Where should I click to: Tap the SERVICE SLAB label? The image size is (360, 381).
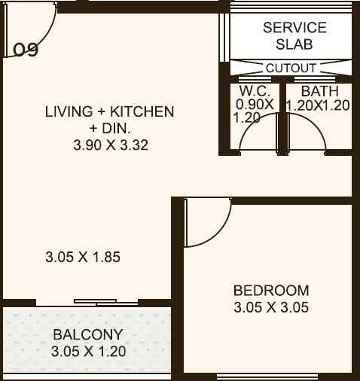pyautogui.click(x=294, y=36)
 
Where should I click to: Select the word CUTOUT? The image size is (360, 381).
pyautogui.click(x=291, y=68)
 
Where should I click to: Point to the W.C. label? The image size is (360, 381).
pyautogui.click(x=249, y=91)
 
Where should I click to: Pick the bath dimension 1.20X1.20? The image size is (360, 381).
pyautogui.click(x=318, y=105)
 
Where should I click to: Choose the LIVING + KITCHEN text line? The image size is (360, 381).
pyautogui.click(x=109, y=111)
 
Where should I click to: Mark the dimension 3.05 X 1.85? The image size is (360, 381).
pyautogui.click(x=83, y=257)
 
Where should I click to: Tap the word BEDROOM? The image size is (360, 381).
pyautogui.click(x=271, y=290)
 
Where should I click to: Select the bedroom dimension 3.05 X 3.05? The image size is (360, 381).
pyautogui.click(x=271, y=307)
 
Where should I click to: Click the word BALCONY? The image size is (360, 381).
pyautogui.click(x=87, y=334)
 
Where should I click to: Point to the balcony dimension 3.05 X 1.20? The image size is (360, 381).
pyautogui.click(x=88, y=351)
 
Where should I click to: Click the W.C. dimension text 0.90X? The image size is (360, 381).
pyautogui.click(x=253, y=105)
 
